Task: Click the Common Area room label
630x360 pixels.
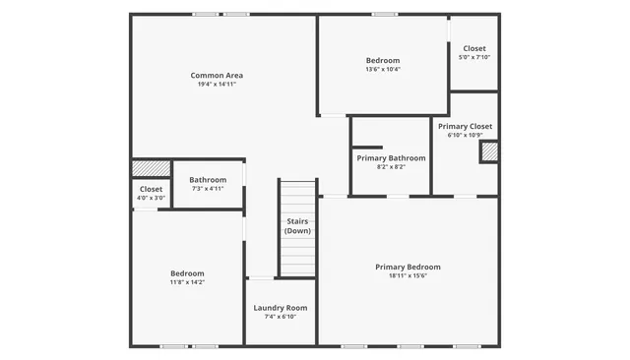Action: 217,76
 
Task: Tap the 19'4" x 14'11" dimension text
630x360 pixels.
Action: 217,85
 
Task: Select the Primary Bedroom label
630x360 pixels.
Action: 408,267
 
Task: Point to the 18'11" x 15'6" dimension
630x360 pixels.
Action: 408,275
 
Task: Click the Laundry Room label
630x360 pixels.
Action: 281,308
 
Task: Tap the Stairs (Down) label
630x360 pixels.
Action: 297,226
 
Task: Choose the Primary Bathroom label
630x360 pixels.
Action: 391,158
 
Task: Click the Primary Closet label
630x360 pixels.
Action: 466,127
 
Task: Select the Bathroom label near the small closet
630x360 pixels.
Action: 208,180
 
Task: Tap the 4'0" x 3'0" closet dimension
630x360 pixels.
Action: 151,197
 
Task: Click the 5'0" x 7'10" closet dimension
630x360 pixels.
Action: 474,57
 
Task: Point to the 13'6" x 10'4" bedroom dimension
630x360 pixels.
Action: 383,69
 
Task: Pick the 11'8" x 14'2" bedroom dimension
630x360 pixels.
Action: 187,282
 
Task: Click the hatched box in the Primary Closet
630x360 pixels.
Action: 488,151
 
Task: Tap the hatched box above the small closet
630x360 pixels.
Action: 151,168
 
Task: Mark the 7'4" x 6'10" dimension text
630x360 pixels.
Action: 281,317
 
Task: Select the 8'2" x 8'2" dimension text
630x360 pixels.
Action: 391,167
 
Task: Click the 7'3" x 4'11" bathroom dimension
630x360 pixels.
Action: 208,189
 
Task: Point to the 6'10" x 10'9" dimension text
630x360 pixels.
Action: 466,136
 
